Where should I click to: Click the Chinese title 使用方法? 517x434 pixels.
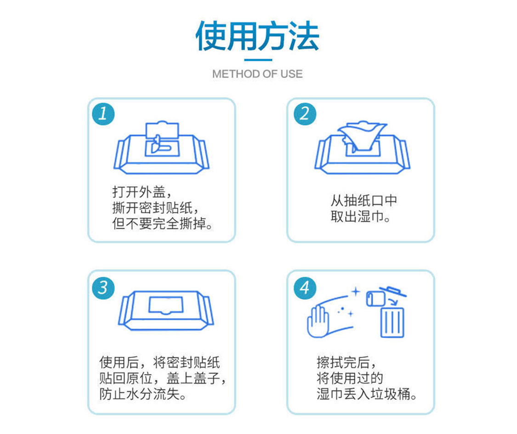click(x=257, y=36)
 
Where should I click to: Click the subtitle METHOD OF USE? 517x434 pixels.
click(x=257, y=74)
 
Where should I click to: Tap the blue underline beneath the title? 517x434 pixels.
click(x=258, y=60)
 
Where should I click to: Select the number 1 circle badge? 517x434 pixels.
click(x=103, y=114)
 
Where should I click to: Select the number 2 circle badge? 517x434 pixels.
click(x=305, y=114)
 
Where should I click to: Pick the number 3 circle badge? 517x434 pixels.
click(x=103, y=287)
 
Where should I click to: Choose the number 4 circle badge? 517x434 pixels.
click(x=305, y=287)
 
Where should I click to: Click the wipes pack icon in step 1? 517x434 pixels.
click(x=162, y=147)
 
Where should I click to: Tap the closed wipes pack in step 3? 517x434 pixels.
click(x=166, y=310)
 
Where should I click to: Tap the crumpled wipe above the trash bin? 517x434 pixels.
click(x=376, y=298)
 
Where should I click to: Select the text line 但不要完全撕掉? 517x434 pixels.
click(x=162, y=223)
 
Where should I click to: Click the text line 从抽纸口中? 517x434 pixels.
click(x=364, y=200)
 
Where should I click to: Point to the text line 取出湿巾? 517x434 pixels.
click(x=360, y=216)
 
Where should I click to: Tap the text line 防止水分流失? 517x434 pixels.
click(x=143, y=394)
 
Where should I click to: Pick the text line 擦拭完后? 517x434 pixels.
click(x=346, y=362)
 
